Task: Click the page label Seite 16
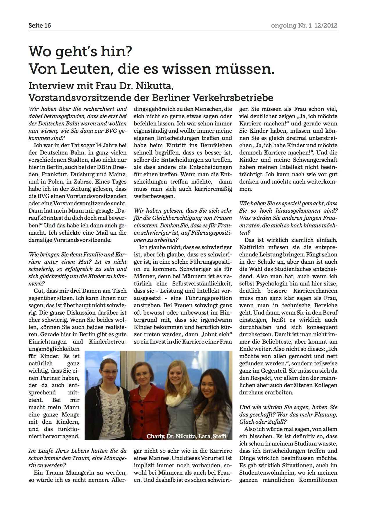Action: pos(40,26)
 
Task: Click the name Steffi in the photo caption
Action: pos(219,436)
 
